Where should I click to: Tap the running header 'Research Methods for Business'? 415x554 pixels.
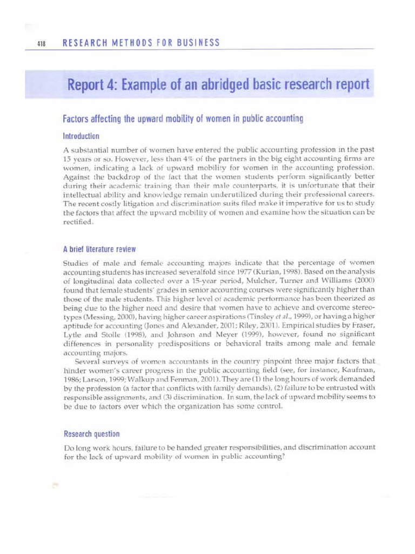coord(142,43)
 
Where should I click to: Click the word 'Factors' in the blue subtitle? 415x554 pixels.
coord(78,118)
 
